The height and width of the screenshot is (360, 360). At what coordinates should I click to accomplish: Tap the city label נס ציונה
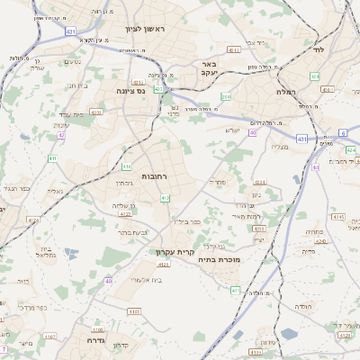click(135, 90)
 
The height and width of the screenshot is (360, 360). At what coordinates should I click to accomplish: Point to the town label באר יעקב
click(209, 68)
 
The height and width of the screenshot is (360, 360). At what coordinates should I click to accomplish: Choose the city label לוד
click(319, 49)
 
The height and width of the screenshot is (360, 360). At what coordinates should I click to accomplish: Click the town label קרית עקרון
click(174, 252)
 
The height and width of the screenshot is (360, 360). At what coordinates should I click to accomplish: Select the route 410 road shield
click(127, 166)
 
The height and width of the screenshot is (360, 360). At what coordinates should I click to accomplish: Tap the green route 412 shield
click(165, 197)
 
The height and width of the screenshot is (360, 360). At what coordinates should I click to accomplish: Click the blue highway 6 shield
click(343, 132)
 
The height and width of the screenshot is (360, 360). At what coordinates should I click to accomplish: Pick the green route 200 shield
click(226, 96)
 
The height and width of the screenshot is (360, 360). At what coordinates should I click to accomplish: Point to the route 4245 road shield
click(338, 217)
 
